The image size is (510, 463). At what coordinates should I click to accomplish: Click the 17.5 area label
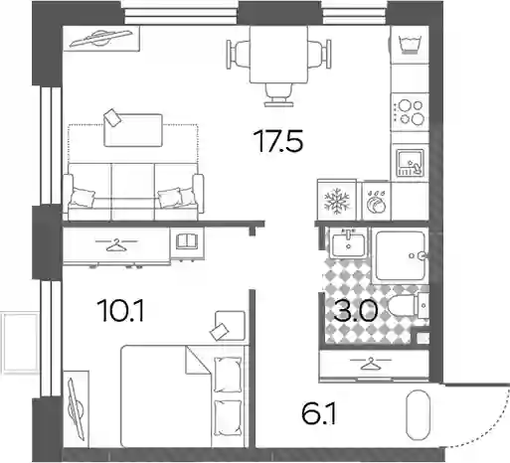coord(278,141)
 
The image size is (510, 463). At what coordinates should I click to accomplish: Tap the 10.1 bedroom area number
coord(120,310)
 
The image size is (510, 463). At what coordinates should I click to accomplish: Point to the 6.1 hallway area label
coord(319,413)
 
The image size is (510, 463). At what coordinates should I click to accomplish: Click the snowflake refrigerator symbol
coord(337,201)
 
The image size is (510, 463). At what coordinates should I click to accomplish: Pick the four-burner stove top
coord(410,112)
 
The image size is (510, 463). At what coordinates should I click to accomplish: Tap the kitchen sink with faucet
coord(411,162)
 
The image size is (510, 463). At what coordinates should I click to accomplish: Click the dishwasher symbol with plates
coord(376,202)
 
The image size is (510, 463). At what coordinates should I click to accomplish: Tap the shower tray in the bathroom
coord(401,255)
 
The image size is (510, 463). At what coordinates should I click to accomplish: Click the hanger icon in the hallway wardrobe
coord(371,363)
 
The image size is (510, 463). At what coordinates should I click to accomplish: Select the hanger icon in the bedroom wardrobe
coord(116,244)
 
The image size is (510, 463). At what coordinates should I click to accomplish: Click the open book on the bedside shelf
coord(187,240)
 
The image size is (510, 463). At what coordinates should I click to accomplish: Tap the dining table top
coord(278,55)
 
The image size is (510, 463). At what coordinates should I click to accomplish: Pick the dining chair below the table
coord(278,95)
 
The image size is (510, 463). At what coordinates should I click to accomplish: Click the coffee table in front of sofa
coord(133,130)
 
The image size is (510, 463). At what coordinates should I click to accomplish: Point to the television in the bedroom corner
coord(76,409)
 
